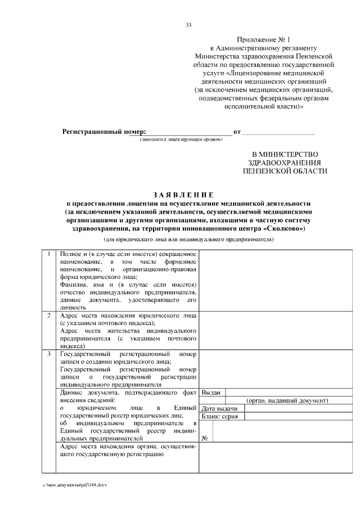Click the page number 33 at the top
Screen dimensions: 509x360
pos(188,24)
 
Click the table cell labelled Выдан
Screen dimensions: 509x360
pos(211,393)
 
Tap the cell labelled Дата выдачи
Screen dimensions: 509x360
pos(220,408)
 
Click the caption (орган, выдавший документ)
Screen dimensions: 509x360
pos(286,400)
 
